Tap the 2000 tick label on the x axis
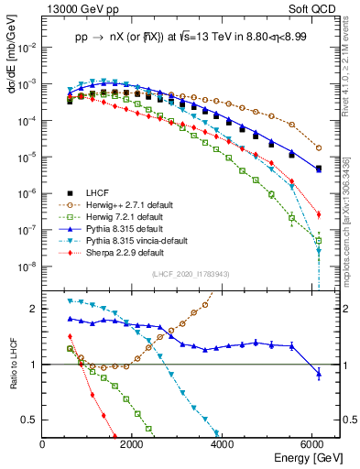click(x=132, y=444)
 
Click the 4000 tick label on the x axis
click(x=223, y=444)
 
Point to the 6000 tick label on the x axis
click(x=312, y=444)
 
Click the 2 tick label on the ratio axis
click(x=35, y=309)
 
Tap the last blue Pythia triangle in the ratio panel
click(x=318, y=373)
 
